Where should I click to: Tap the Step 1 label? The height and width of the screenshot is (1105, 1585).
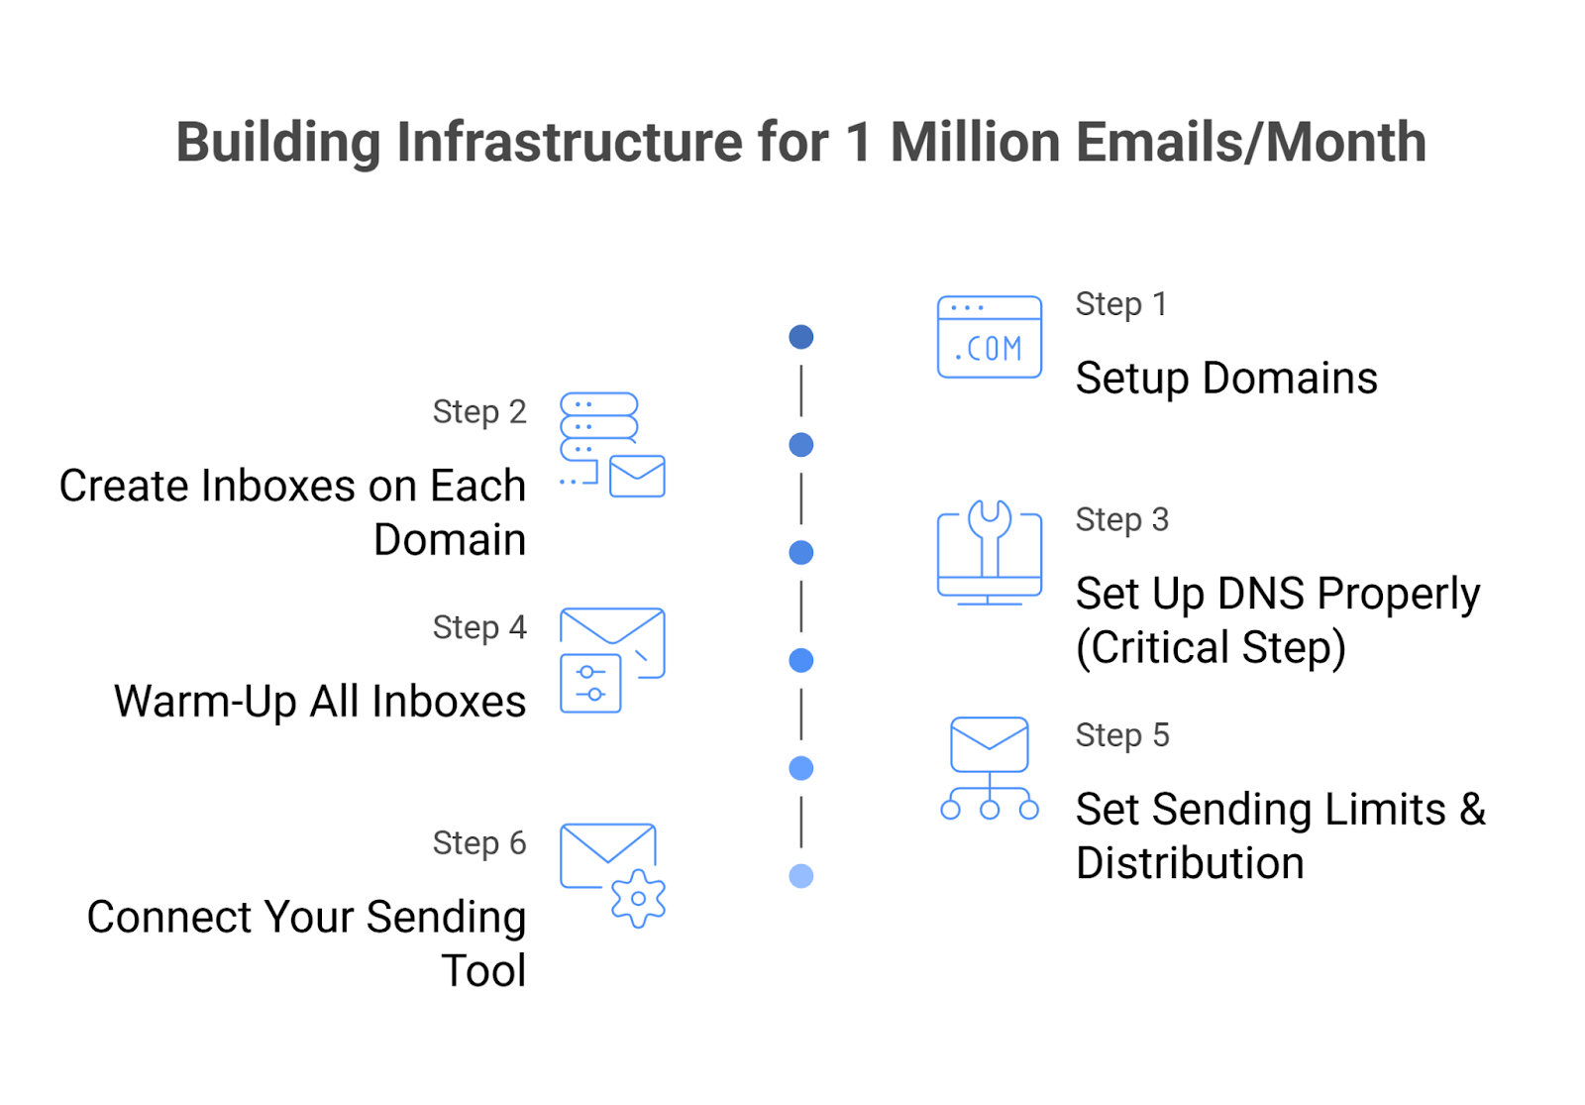1120,304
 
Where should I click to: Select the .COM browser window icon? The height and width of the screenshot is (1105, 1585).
989,337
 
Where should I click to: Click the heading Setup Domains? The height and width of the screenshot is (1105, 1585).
1225,379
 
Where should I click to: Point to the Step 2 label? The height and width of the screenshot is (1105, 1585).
479,412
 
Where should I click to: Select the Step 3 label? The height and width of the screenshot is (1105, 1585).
1121,520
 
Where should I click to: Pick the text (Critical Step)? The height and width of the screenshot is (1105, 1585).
1210,648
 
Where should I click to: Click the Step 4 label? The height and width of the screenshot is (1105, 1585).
479,628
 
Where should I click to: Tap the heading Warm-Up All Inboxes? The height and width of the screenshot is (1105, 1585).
319,702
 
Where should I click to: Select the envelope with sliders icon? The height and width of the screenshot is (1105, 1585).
611,660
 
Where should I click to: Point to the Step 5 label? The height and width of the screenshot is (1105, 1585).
1121,736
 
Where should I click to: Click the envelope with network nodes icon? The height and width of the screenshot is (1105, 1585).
989,769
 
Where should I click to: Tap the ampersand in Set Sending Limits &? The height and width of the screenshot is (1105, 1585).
1472,810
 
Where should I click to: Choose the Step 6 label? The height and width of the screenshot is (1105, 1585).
479,844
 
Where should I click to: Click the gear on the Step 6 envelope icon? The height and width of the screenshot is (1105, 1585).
638,899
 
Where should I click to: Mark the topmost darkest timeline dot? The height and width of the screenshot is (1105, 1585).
800,337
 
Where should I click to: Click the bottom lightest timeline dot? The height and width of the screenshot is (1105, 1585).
800,876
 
